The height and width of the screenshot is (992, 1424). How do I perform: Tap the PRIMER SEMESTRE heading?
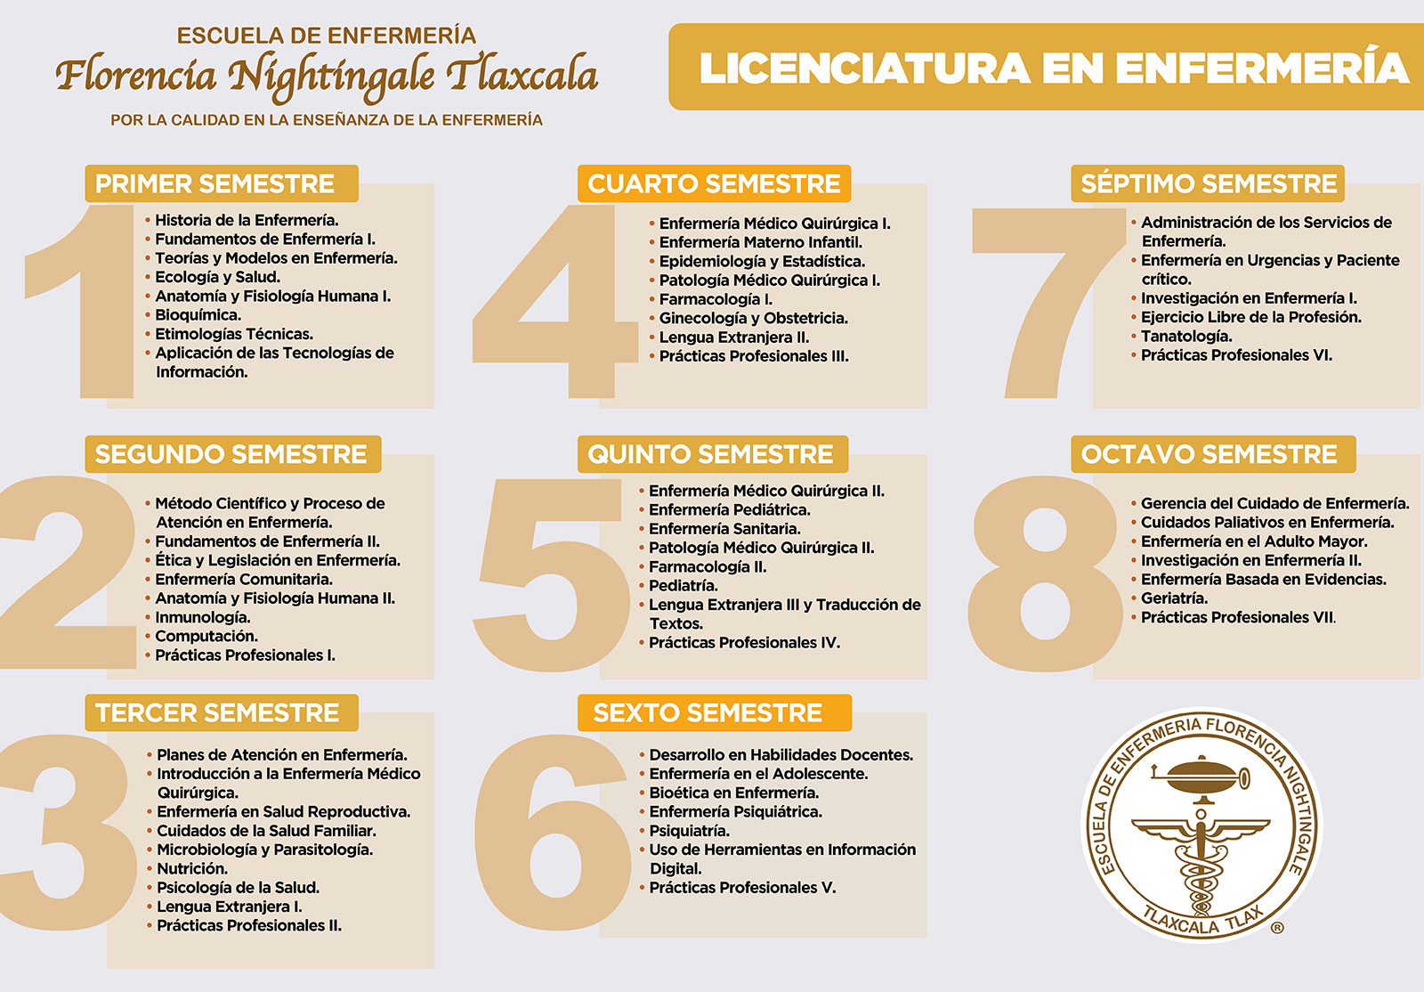(x=215, y=183)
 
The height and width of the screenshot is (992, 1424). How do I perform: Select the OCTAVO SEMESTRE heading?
(x=1209, y=454)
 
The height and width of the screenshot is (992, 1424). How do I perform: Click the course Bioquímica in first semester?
(x=198, y=315)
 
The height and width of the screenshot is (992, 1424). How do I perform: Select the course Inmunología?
(x=203, y=617)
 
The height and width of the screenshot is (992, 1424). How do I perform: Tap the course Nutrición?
(x=192, y=868)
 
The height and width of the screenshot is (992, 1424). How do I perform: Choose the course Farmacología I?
(x=716, y=299)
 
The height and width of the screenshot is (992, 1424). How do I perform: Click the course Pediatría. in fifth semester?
(x=684, y=586)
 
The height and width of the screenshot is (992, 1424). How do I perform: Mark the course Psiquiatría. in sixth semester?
(x=690, y=831)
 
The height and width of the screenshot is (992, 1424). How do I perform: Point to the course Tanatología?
(x=1186, y=337)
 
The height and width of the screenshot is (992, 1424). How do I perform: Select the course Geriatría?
(x=1174, y=598)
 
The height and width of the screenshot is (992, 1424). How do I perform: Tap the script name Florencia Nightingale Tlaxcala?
(x=327, y=75)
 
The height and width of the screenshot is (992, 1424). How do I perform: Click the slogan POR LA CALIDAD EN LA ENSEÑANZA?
(x=327, y=120)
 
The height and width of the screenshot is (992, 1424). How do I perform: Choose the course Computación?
(x=206, y=636)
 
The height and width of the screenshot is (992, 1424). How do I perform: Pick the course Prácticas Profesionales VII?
(x=1238, y=617)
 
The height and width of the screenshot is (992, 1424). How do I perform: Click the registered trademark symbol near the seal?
(x=1277, y=928)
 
